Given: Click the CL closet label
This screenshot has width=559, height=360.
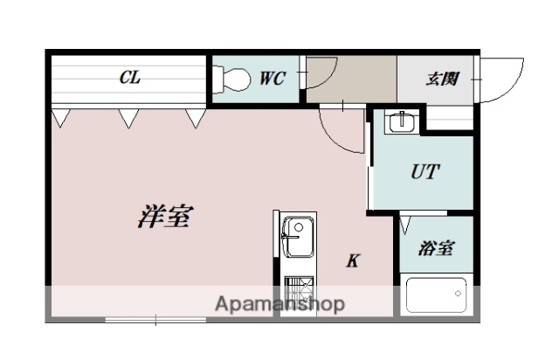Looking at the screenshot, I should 129,79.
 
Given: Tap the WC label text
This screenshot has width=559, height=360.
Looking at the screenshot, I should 273,79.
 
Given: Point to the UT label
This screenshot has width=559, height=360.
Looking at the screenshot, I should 424,172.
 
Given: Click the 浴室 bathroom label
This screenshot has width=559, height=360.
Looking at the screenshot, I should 436,248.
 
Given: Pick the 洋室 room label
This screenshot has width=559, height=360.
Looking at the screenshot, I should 164,216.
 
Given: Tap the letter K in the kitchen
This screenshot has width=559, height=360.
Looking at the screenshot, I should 353,260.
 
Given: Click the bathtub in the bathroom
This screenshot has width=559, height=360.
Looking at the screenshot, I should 437,294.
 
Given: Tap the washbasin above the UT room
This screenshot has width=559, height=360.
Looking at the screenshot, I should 400,121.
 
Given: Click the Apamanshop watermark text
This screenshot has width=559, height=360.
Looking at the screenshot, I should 279,304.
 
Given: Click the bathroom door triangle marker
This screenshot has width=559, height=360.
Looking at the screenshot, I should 406,225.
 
